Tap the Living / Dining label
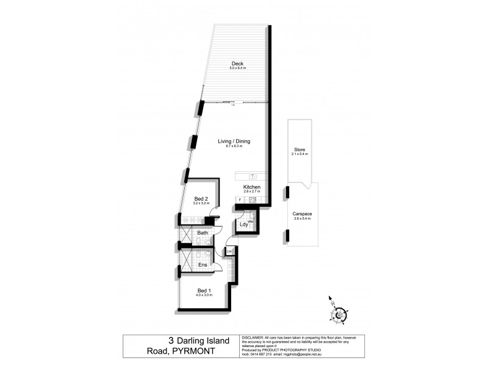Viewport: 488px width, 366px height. click(234, 142)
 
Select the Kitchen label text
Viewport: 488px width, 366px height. click(252, 187)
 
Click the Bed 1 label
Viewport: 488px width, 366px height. click(203, 290)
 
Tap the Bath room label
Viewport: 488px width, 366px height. click(203, 232)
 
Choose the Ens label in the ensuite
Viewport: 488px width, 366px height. click(203, 265)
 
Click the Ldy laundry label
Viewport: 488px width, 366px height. click(244, 224)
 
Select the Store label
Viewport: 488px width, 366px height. click(300, 149)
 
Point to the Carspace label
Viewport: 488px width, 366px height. click(301, 213)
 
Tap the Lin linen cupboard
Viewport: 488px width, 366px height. click(229, 251)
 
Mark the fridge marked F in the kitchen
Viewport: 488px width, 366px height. click(240, 199)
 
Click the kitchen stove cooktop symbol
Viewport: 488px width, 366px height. click(251, 200)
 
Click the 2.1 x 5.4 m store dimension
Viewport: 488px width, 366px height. click(300, 154)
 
